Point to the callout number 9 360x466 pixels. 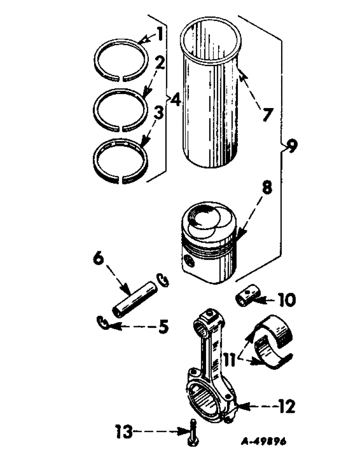290,147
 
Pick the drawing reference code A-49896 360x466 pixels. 263,441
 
